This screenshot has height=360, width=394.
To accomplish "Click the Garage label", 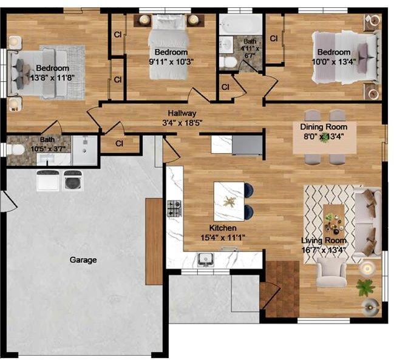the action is tap(83, 260).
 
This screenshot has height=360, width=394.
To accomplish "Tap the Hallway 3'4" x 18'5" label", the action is tap(182, 118).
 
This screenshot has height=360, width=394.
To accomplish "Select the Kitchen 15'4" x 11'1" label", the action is tap(223, 233).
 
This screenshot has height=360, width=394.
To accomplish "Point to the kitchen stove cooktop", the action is tap(174, 208).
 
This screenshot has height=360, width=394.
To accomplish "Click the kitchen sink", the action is tap(206, 259).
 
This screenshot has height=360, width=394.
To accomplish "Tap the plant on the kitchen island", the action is tap(229, 201).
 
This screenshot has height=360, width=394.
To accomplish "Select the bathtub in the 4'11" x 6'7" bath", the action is tap(240, 24).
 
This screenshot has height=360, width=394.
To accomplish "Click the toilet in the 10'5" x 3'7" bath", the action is tap(16, 150).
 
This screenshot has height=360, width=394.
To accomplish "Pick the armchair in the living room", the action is tap(331, 273).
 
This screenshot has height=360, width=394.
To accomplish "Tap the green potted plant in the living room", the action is tap(366, 287).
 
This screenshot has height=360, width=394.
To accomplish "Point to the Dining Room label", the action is tap(324, 127).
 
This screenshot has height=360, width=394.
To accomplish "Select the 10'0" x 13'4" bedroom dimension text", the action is tap(334, 62).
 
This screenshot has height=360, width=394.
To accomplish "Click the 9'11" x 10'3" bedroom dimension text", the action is tap(171, 62).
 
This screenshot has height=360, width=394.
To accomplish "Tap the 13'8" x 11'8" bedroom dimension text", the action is tap(52, 78).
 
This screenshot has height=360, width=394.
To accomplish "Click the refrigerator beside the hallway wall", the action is tap(247, 145).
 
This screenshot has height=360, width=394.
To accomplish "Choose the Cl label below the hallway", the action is tap(119, 144).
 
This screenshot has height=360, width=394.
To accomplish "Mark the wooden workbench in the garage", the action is tap(154, 242).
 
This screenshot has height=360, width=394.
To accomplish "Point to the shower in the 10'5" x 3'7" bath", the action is tap(84, 151).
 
